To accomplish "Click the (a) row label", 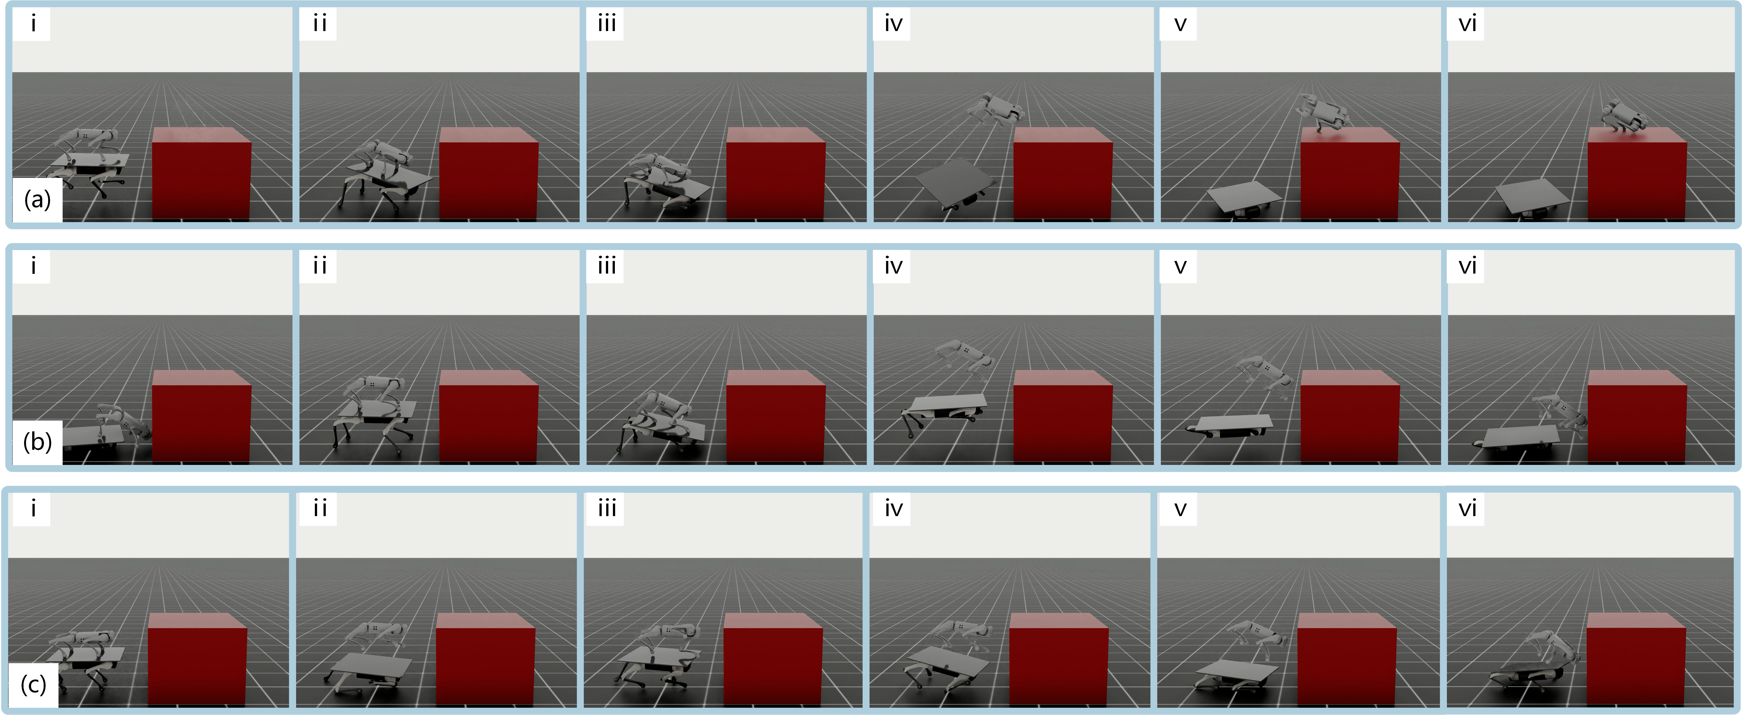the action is point(37,200).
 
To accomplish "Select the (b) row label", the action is point(37,442).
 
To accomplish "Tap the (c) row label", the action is point(33,685).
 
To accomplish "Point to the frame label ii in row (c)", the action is point(320,509).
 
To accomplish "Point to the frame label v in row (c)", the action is point(1180,509).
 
